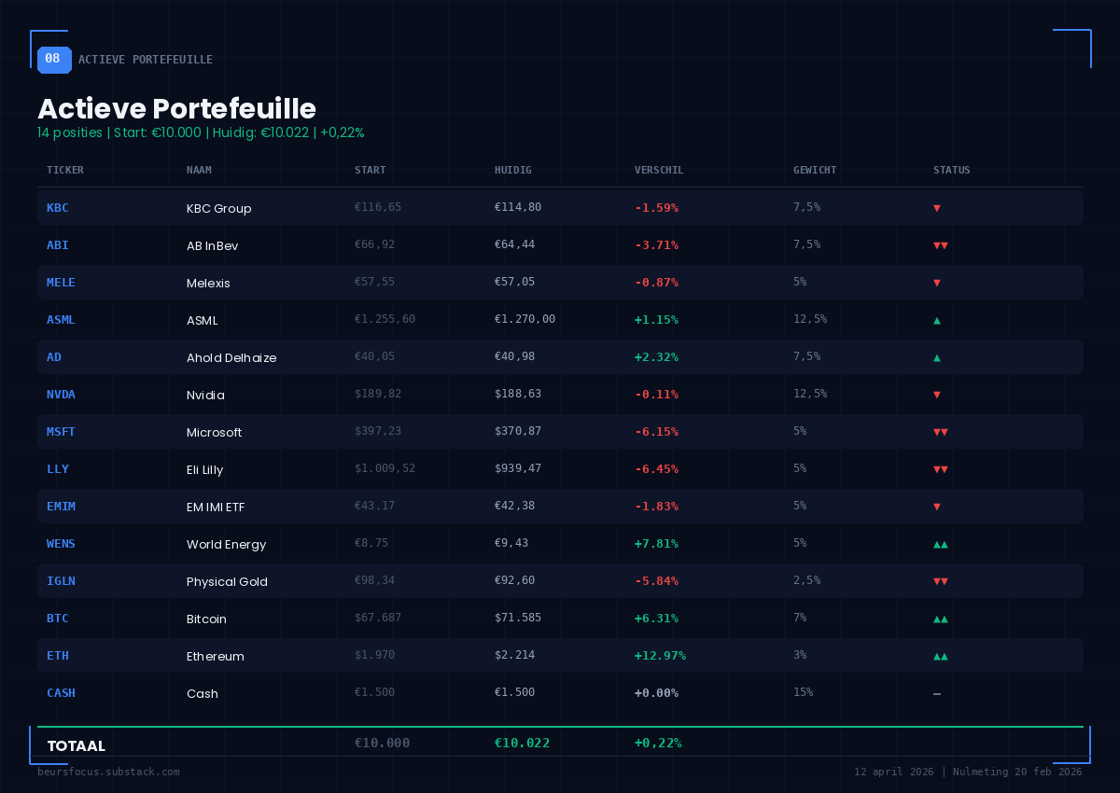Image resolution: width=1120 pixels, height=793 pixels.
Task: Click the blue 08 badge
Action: (x=53, y=59)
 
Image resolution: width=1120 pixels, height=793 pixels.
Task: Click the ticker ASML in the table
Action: (x=61, y=320)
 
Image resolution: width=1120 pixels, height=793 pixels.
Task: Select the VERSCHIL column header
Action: (x=659, y=171)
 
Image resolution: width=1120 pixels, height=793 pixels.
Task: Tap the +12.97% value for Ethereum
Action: (x=659, y=656)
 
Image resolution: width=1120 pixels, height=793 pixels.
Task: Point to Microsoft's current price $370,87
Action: (x=517, y=432)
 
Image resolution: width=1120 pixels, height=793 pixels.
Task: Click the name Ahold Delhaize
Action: (x=231, y=357)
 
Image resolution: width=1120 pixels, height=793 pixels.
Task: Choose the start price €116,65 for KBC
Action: (x=377, y=207)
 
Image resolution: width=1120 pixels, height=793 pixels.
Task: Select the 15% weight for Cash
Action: (x=803, y=692)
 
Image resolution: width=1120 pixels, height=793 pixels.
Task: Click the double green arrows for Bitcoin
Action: (x=940, y=619)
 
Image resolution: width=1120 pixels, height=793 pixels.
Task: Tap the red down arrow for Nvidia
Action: (x=936, y=395)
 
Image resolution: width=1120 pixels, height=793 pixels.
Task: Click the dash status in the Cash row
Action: (x=936, y=693)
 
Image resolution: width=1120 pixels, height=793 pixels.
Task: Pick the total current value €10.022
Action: (x=522, y=744)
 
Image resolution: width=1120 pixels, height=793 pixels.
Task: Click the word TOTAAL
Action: (x=76, y=746)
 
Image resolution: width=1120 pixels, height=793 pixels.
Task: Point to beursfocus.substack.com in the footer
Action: (x=108, y=772)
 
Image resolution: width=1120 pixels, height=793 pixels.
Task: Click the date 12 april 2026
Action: (x=893, y=772)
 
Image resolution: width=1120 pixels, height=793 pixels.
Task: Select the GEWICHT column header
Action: (x=814, y=171)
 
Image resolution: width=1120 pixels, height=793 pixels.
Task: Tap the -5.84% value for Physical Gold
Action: (x=656, y=581)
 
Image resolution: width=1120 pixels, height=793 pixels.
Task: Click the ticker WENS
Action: (x=61, y=544)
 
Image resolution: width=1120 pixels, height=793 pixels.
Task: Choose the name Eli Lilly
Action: (x=204, y=469)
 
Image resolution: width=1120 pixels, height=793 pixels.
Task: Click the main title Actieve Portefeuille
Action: (x=176, y=108)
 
